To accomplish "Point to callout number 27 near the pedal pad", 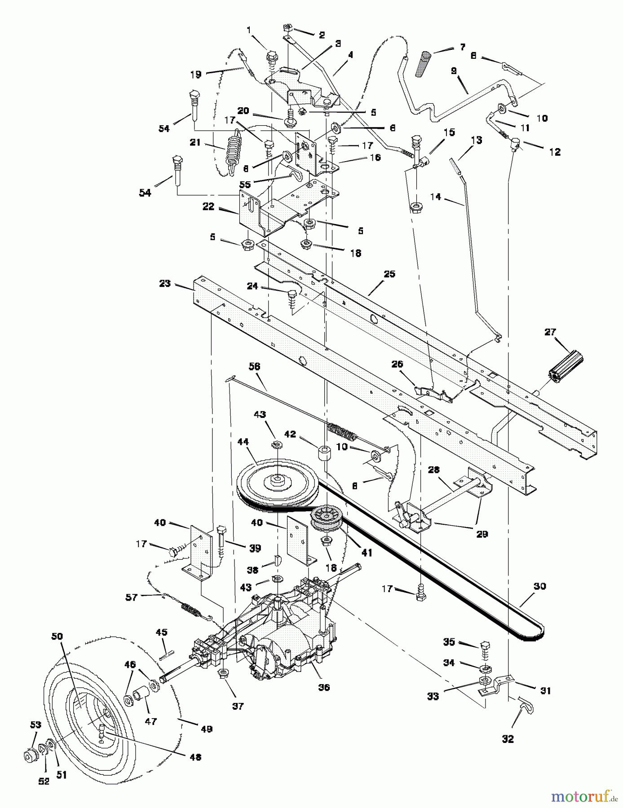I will (550, 332).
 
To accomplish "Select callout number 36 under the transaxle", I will (323, 687).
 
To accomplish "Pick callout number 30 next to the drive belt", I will (539, 586).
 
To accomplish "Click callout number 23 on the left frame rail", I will (165, 283).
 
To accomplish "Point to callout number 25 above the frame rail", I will (389, 274).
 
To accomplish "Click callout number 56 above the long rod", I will (254, 367).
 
